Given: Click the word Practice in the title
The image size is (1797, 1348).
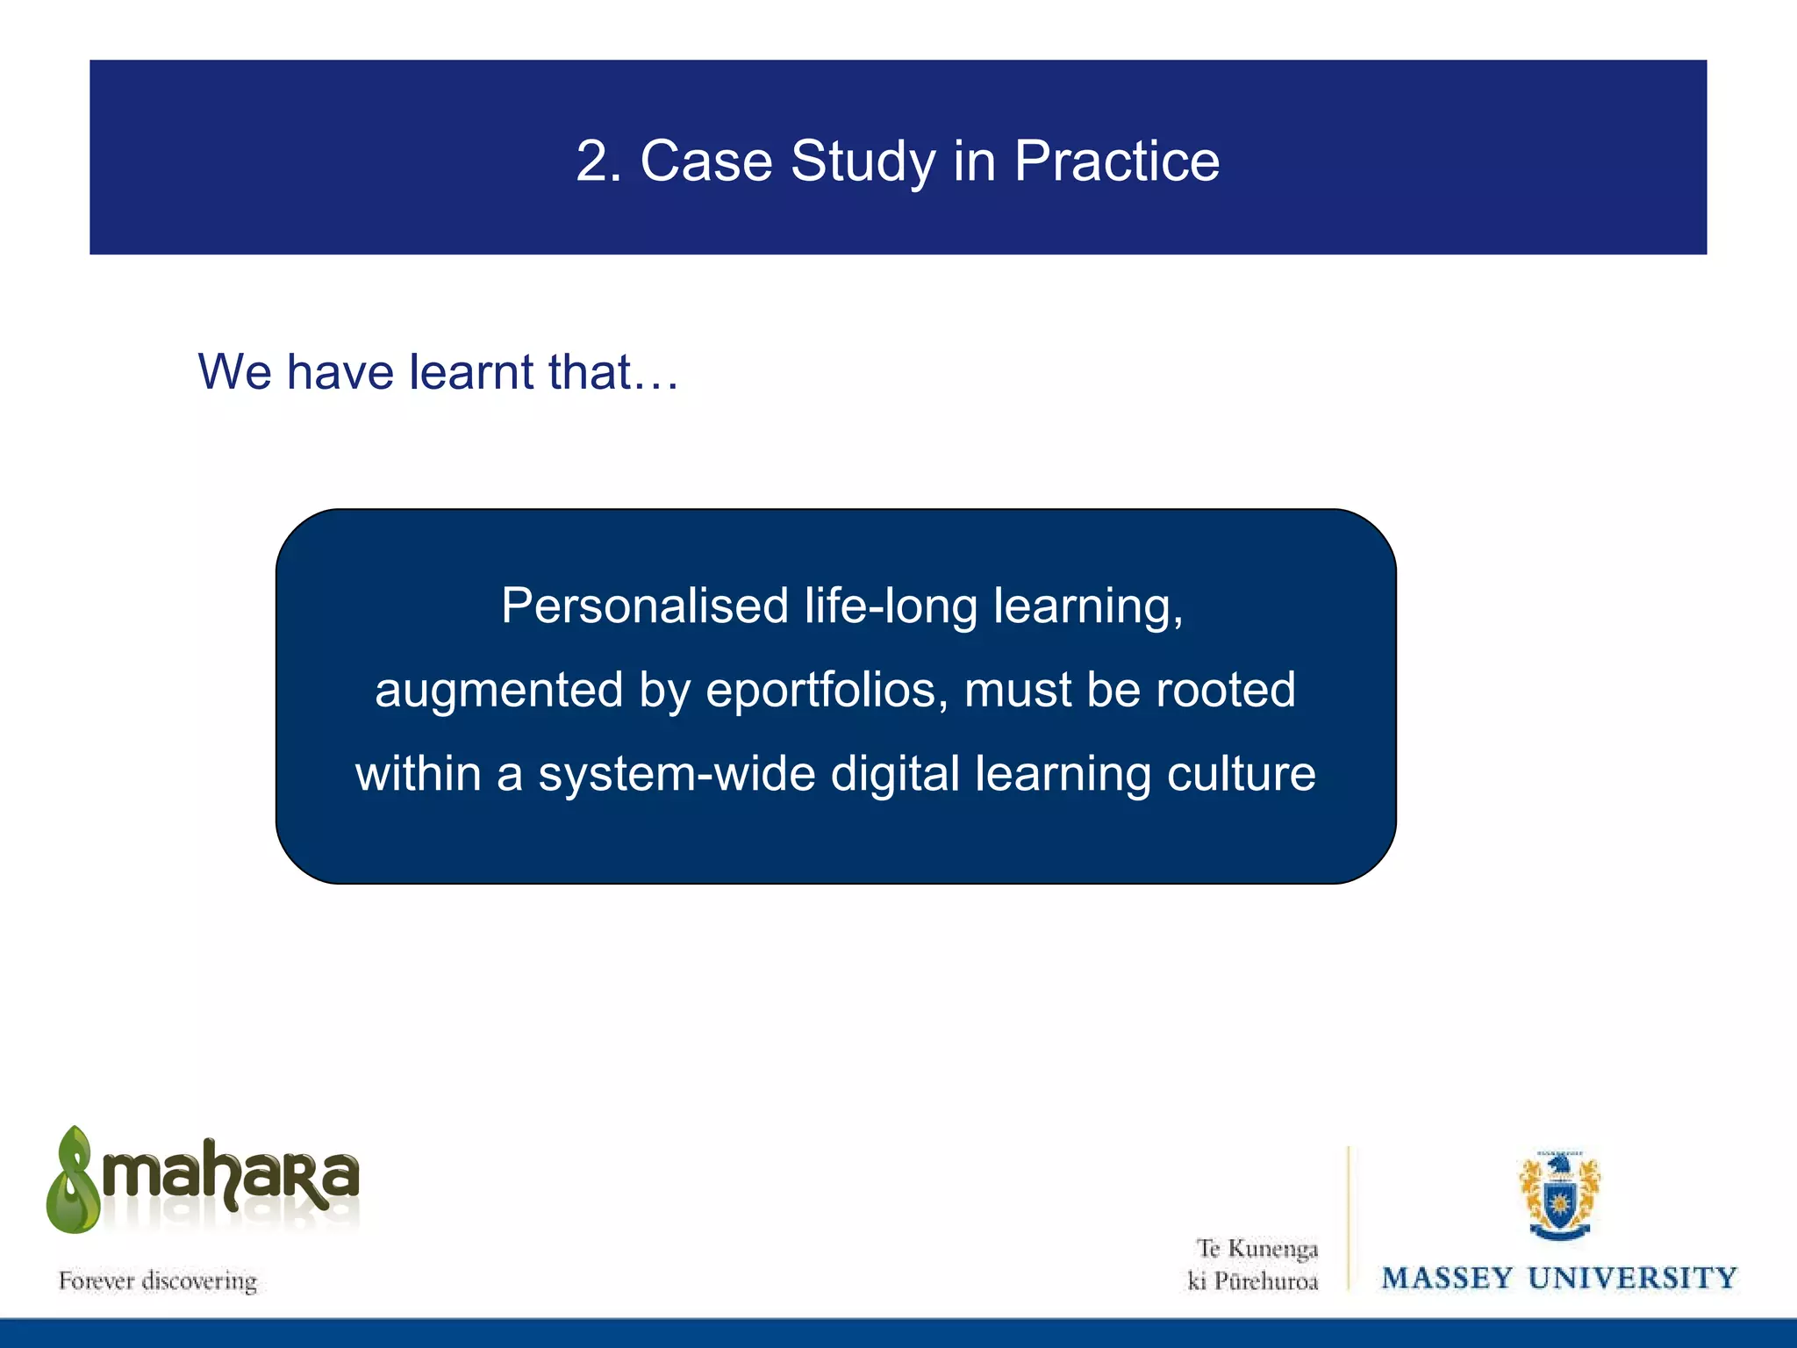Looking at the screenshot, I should pyautogui.click(x=1116, y=161).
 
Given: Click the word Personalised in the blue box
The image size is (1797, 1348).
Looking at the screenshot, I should pyautogui.click(x=645, y=606).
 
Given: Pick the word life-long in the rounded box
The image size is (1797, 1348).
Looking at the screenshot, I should pyautogui.click(x=891, y=606).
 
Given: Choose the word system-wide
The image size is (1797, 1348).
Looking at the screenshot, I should pyautogui.click(x=677, y=775).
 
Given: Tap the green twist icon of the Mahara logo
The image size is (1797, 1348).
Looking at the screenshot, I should pyautogui.click(x=74, y=1181).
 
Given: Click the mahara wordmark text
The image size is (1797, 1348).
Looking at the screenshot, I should pyautogui.click(x=231, y=1176).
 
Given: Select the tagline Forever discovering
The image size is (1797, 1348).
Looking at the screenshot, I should pyautogui.click(x=158, y=1281).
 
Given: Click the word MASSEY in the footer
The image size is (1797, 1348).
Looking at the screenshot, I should pyautogui.click(x=1447, y=1279).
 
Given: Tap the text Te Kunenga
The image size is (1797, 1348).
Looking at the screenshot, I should pyautogui.click(x=1256, y=1249).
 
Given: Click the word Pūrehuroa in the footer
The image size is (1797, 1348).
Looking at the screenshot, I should pyautogui.click(x=1266, y=1282).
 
